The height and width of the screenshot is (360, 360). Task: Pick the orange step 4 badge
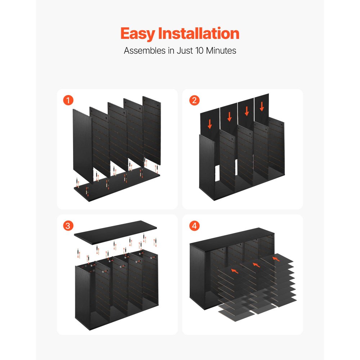click(194, 226)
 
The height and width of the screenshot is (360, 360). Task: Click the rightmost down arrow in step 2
click(262, 106)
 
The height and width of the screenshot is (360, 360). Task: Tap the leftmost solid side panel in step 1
click(82, 144)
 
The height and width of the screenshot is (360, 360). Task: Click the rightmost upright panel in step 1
click(152, 130)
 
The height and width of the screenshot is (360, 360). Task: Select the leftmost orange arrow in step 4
click(234, 270)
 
